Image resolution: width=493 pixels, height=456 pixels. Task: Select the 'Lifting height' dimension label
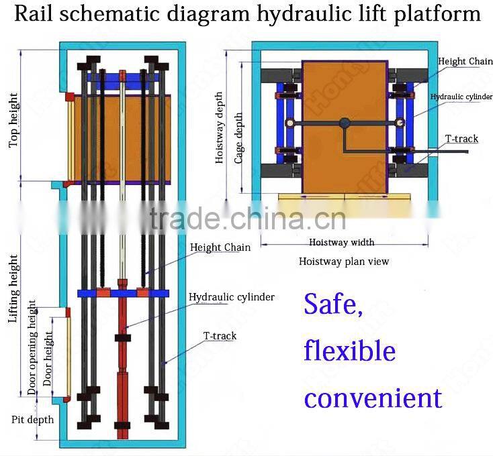13,288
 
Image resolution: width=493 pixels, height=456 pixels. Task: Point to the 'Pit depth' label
32,420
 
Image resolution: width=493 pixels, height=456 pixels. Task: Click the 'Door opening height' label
32,347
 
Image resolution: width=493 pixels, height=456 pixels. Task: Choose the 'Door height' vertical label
48,358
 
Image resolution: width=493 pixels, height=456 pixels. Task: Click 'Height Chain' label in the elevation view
220,247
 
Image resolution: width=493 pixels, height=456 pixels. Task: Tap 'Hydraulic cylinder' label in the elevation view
231,296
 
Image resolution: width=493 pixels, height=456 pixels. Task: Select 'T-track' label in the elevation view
220,335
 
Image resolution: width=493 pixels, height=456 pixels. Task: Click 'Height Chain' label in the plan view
465,62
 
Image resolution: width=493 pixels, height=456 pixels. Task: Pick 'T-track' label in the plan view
461,139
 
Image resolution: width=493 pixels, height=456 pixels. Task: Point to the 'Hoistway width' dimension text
341,242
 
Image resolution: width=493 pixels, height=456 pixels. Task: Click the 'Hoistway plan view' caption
343,262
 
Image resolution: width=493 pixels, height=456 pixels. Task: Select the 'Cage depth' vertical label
238,137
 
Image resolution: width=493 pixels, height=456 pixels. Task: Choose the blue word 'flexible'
349,350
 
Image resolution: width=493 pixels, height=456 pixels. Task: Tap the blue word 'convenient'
372,397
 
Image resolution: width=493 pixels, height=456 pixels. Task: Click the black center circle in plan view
345,123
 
